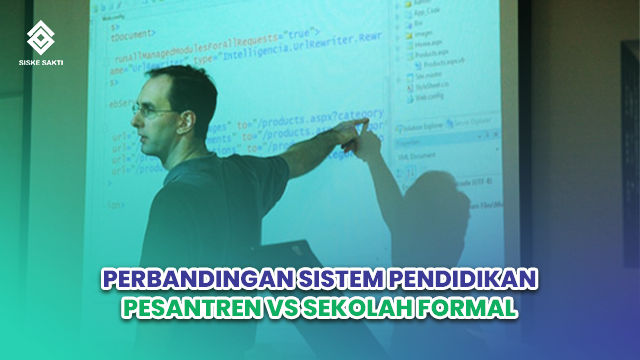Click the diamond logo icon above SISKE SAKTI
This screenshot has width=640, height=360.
point(41,37)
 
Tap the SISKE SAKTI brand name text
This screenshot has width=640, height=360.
point(41,63)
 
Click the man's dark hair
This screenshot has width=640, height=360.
point(185,85)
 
